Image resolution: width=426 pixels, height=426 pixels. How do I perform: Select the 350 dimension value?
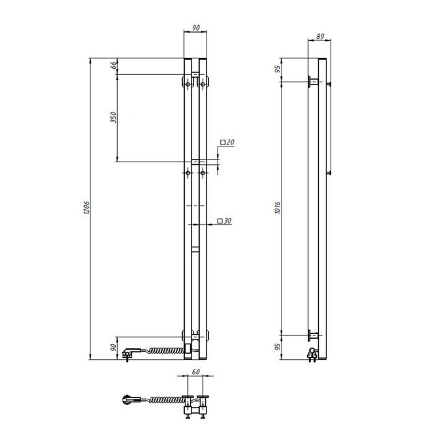click(x=114, y=117)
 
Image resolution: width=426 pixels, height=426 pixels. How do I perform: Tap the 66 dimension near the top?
click(x=114, y=65)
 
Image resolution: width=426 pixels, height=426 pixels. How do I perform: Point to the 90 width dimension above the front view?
click(x=196, y=27)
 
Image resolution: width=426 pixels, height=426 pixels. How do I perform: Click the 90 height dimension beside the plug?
click(x=114, y=348)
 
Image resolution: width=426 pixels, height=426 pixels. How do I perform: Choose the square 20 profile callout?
click(x=227, y=142)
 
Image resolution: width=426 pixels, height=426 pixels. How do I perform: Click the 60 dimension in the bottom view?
click(x=196, y=372)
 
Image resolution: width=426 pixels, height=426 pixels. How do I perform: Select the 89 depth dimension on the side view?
click(x=320, y=38)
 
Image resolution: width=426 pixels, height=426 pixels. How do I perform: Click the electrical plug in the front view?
click(x=130, y=353)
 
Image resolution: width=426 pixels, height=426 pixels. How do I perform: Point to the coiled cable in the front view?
click(x=164, y=351)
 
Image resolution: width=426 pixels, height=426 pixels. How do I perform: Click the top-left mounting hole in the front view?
click(x=188, y=85)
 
